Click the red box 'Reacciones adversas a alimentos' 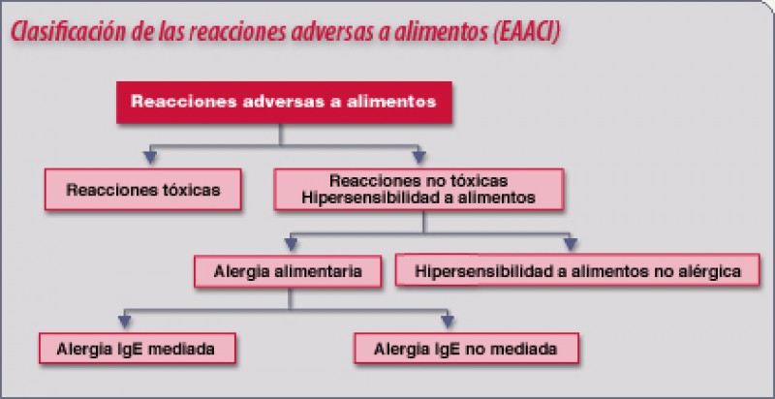pos(284,103)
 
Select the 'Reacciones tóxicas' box pos(143,190)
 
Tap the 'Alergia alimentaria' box pos(288,271)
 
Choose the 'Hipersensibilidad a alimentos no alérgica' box pos(577,269)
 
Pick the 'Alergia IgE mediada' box pos(138,349)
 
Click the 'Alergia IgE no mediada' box pos(466,349)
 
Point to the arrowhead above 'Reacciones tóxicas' pos(150,158)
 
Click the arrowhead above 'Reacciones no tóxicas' pos(419,158)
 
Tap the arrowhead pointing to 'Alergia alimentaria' pos(292,244)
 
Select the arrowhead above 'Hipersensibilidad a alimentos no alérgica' pos(571,244)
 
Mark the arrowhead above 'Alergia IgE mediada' pos(125,322)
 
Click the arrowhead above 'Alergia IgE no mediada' pos(448,322)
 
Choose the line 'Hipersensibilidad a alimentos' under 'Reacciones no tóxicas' pos(418,198)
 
